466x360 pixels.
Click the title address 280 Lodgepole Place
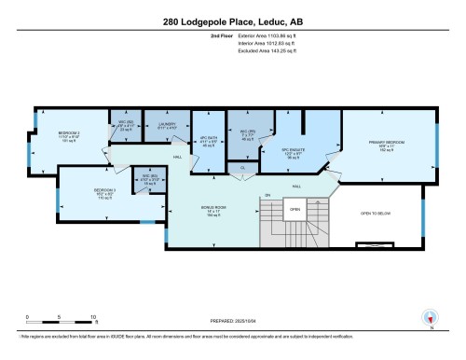click(x=233, y=21)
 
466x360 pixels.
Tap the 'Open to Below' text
click(x=381, y=214)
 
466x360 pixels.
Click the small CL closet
click(x=242, y=169)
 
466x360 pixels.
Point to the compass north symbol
click(x=429, y=317)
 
